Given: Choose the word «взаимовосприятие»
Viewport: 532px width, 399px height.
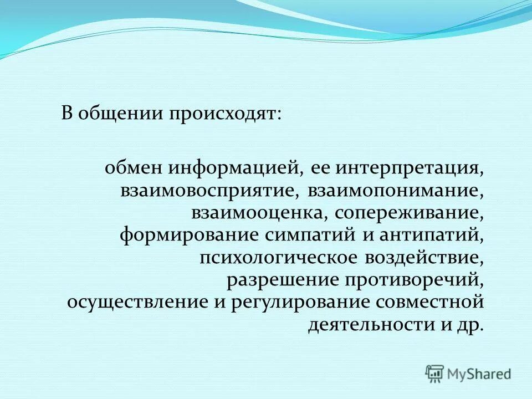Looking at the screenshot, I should pos(210,190).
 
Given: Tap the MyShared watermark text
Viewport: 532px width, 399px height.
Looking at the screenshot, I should pos(479,374).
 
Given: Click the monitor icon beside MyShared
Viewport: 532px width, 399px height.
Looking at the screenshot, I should pos(434,374).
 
